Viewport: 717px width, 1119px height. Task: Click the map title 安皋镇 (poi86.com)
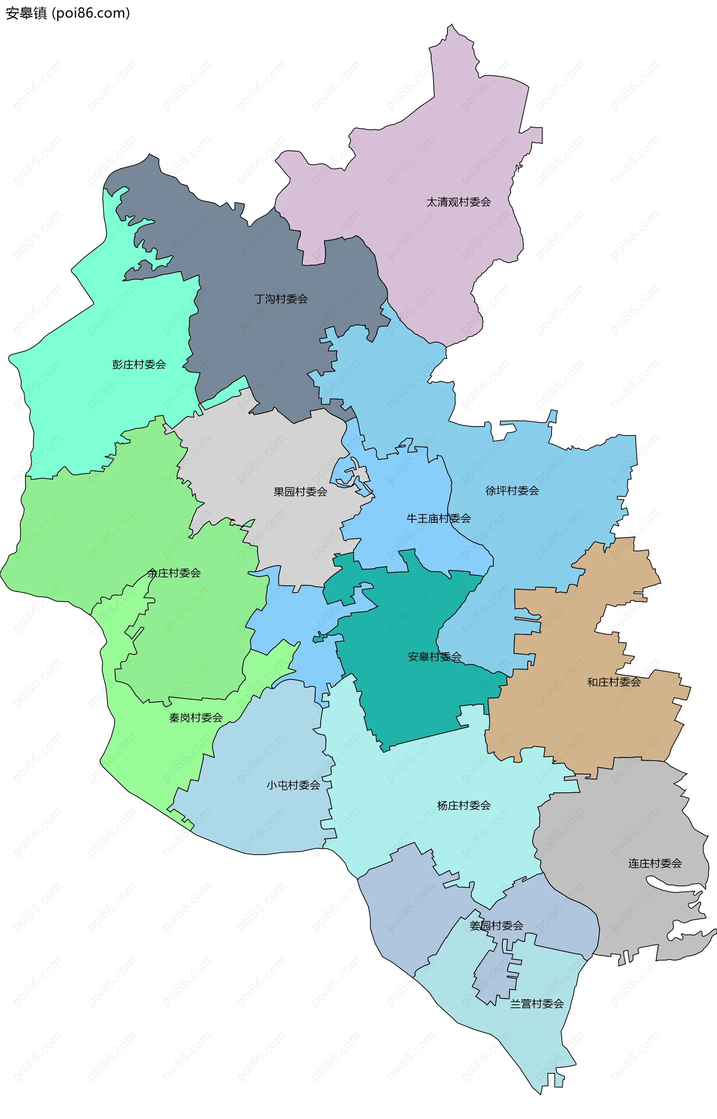pyautogui.click(x=68, y=13)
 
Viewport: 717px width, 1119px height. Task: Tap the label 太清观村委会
pyautogui.click(x=459, y=202)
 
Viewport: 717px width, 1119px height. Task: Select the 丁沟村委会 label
pyautogui.click(x=281, y=299)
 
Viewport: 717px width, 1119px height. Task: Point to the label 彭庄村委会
pyautogui.click(x=139, y=364)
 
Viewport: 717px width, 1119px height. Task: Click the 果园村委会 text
pyautogui.click(x=300, y=491)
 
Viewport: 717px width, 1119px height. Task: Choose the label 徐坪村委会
pyautogui.click(x=512, y=491)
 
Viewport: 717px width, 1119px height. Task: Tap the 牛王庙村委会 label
pyautogui.click(x=438, y=519)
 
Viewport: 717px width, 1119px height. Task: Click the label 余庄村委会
pyautogui.click(x=174, y=573)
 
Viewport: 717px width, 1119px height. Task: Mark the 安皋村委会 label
pyautogui.click(x=434, y=657)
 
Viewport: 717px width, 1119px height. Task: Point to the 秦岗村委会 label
pyautogui.click(x=196, y=718)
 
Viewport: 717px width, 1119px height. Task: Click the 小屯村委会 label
pyautogui.click(x=293, y=785)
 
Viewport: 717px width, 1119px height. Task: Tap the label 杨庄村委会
pyautogui.click(x=464, y=805)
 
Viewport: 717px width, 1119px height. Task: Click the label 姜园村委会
pyautogui.click(x=496, y=926)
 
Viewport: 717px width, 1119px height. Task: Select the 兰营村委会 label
pyautogui.click(x=537, y=1004)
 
